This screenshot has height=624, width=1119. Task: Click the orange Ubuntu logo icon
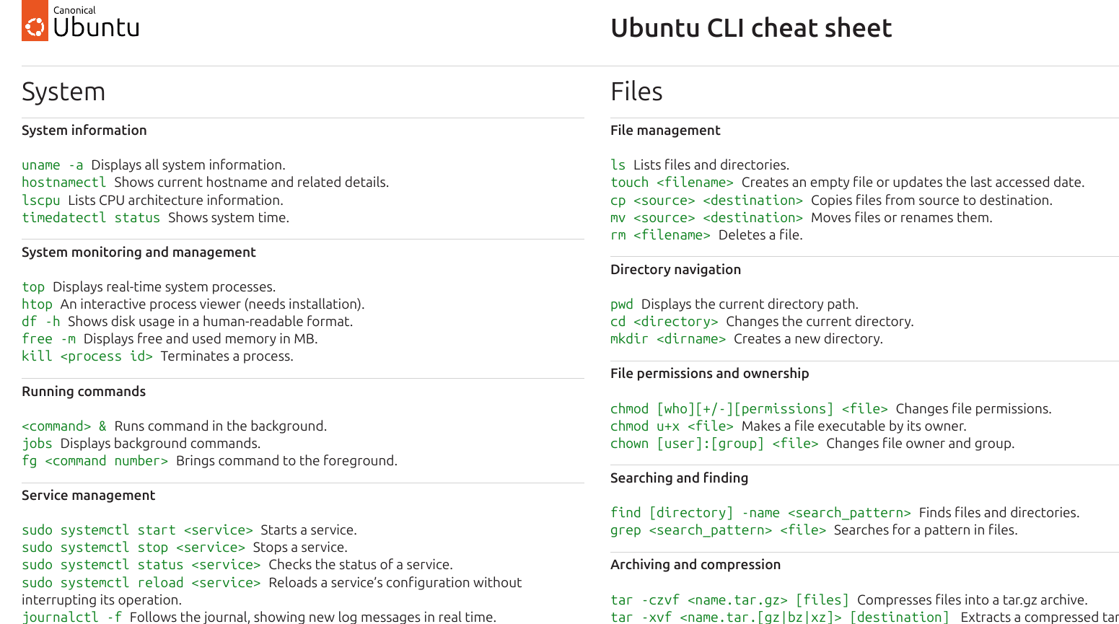pos(35,21)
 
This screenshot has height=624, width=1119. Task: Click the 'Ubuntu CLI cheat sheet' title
pos(750,28)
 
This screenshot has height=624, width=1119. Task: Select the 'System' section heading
pos(63,92)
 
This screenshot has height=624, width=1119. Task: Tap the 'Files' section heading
pos(636,92)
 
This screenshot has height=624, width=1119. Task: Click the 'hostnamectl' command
pos(63,183)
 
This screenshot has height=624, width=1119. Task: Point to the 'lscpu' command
pos(40,201)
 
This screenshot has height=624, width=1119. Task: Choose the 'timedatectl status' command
pos(91,218)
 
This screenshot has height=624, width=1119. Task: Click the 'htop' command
pos(37,304)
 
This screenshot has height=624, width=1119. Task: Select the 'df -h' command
pos(40,322)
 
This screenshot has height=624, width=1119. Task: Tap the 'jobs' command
pos(37,444)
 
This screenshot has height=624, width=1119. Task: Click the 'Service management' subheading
pos(88,496)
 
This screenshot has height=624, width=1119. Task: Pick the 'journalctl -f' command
pos(71,618)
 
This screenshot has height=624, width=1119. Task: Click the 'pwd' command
pos(621,304)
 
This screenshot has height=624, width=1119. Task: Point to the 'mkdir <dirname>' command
pos(667,339)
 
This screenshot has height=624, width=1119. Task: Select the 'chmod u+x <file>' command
pos(671,426)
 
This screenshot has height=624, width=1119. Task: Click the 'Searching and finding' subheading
pos(679,478)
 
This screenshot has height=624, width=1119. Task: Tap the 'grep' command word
pos(626,530)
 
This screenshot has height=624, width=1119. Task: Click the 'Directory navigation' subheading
pos(675,270)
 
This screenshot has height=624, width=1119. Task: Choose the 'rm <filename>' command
pos(659,235)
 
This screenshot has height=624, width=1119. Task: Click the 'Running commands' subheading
pos(84,392)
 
